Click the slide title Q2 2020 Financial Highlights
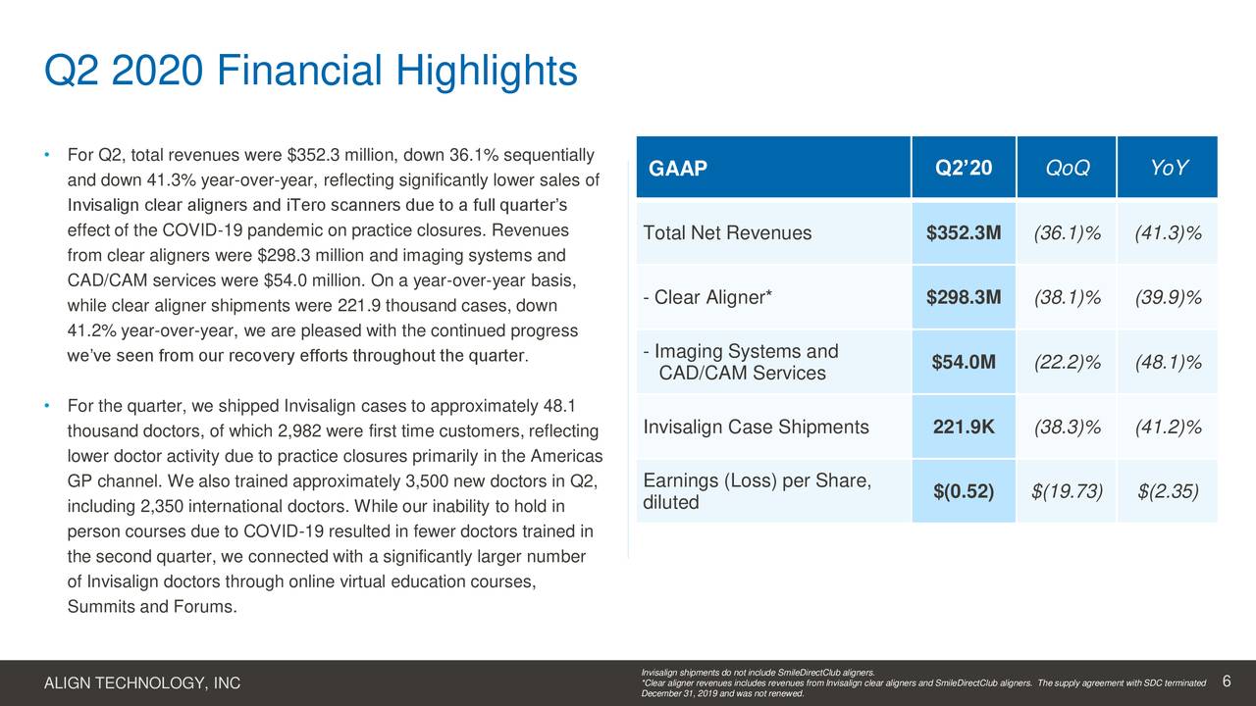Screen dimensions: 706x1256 coord(311,73)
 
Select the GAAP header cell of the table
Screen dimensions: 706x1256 coord(678,169)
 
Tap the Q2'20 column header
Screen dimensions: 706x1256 coord(963,168)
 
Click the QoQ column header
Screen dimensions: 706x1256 coord(1067,169)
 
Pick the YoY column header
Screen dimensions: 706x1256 coord(1169,169)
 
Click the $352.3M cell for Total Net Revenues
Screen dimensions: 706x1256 coord(963,233)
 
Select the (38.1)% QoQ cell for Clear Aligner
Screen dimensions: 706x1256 coord(1067,298)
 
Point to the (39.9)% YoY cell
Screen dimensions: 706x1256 coord(1169,298)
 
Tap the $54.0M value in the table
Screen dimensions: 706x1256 coord(963,363)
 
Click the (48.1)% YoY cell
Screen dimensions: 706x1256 coord(1169,363)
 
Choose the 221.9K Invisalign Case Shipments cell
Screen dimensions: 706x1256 coord(963,428)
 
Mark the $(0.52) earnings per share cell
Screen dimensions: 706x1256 coord(963,491)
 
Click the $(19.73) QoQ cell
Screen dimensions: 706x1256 coord(1067,491)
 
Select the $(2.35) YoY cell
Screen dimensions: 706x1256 coord(1169,491)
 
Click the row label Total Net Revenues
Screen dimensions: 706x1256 coord(727,233)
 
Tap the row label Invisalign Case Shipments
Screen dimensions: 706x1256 coord(756,428)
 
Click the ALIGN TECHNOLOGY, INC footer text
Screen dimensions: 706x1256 coord(142,683)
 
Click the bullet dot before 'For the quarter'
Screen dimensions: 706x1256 coord(47,406)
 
